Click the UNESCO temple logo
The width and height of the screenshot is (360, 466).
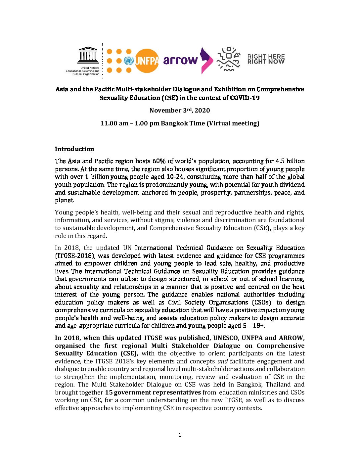pyautogui.click(x=88, y=55)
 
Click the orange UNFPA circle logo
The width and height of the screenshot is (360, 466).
pyautogui.click(x=147, y=61)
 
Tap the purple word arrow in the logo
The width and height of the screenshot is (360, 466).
pyautogui.click(x=180, y=60)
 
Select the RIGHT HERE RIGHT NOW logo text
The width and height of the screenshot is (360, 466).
pyautogui.click(x=266, y=59)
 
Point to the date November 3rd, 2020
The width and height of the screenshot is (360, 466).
pyautogui.click(x=180, y=110)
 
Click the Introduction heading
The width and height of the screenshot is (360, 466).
pyautogui.click(x=74, y=149)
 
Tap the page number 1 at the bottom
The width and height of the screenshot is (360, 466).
pyautogui.click(x=180, y=435)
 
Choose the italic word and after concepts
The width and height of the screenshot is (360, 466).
pyautogui.click(x=223, y=361)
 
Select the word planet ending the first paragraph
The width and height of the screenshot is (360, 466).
pyautogui.click(x=64, y=200)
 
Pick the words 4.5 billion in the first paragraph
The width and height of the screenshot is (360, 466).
pyautogui.click(x=290, y=161)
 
